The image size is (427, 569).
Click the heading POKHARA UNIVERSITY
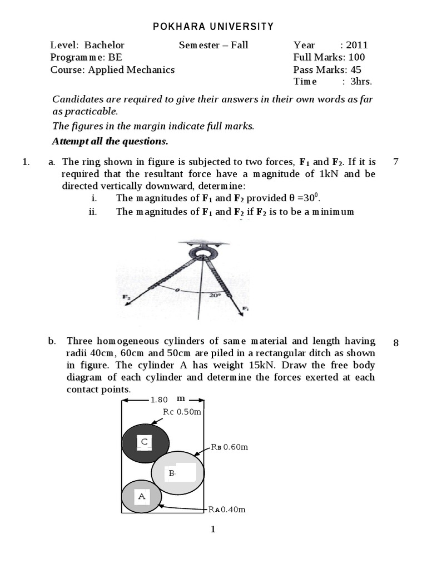tap(213, 26)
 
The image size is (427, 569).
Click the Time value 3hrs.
tap(361, 82)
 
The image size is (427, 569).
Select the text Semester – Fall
tap(213, 45)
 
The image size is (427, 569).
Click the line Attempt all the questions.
tap(110, 141)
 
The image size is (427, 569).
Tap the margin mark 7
tap(395, 162)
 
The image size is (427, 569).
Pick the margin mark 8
tap(395, 343)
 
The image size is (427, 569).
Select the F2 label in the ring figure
tap(126, 297)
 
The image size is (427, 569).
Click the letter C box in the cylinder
tap(145, 442)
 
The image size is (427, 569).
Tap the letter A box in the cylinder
tap(141, 496)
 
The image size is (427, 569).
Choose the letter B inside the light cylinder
tap(172, 473)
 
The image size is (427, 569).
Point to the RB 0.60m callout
tap(229, 447)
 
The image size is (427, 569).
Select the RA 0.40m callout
tap(227, 509)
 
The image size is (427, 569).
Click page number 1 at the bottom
tap(213, 530)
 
